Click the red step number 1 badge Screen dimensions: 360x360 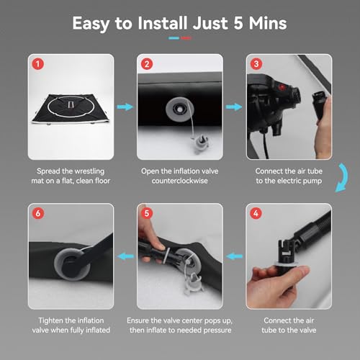click(38, 64)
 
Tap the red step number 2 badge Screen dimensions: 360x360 click(147, 64)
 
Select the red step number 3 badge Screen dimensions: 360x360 click(256, 64)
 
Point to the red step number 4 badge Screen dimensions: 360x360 click(256, 213)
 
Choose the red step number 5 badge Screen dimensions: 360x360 click(147, 213)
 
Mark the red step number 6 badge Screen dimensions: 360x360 click(38, 213)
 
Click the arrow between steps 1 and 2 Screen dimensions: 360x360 click(125, 107)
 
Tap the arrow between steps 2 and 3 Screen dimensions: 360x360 click(234, 107)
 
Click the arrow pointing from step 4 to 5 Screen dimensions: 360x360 click(234, 256)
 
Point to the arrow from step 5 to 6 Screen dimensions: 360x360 click(125, 256)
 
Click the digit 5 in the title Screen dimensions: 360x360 click(238, 23)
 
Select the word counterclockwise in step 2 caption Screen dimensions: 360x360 click(180, 181)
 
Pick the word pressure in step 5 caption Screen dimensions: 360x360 click(217, 330)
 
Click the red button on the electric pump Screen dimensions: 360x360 click(282, 87)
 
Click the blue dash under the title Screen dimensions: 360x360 click(174, 38)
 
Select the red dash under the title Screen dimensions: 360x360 click(186, 38)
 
